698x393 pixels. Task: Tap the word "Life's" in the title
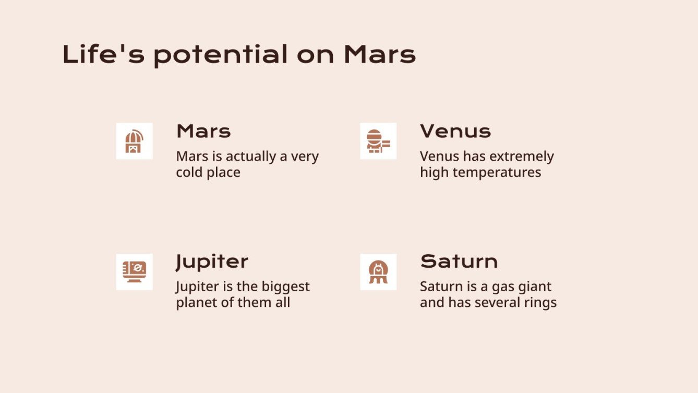[103, 54]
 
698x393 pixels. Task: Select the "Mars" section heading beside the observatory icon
[203, 131]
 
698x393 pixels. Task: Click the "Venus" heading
[455, 131]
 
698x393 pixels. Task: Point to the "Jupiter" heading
[212, 262]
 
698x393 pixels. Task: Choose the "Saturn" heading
[459, 261]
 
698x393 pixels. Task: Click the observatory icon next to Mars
[134, 141]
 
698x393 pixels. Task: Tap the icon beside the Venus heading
[378, 141]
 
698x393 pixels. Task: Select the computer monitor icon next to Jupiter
[134, 272]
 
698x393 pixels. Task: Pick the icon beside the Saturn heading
[378, 272]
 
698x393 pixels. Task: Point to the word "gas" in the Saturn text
[501, 288]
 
